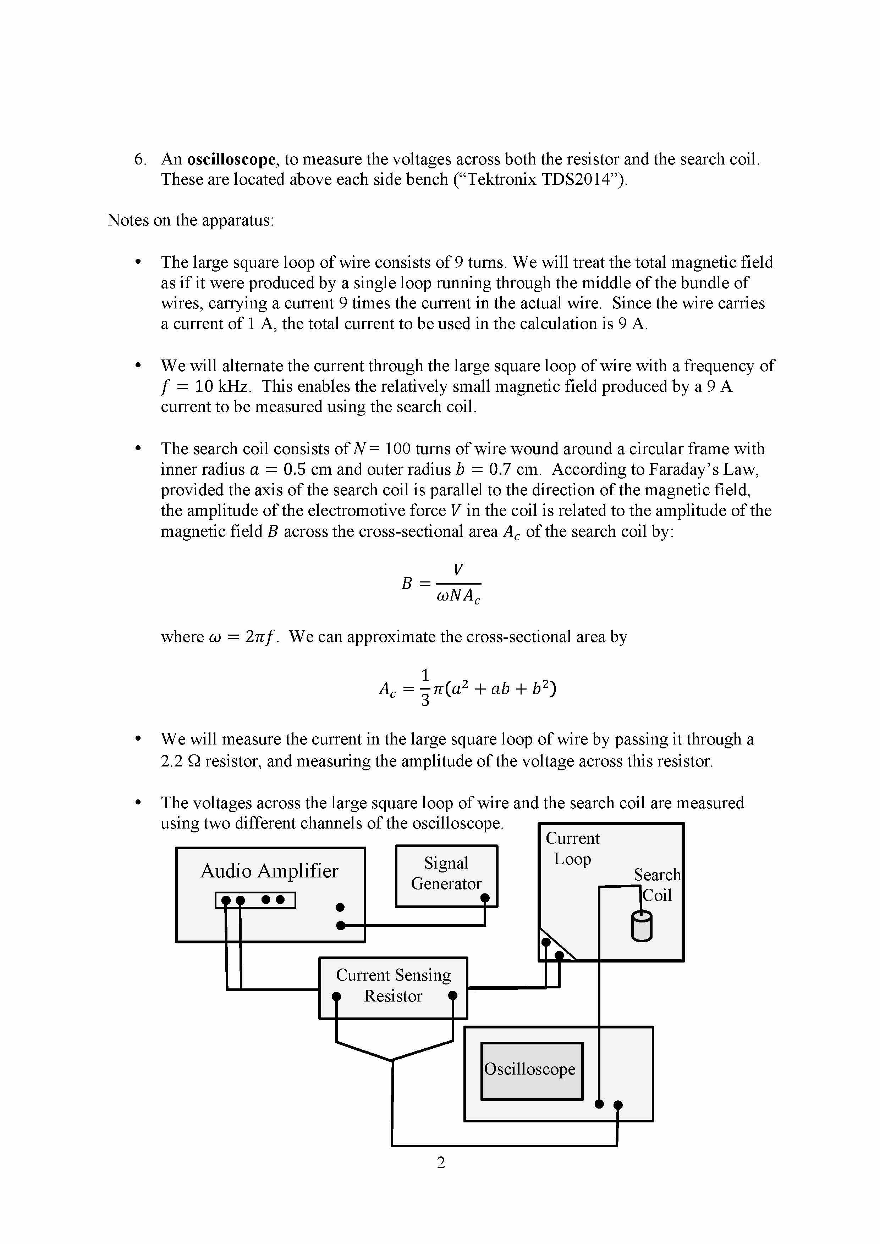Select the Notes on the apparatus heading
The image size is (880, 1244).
coord(190,220)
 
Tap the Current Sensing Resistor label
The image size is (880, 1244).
coord(393,985)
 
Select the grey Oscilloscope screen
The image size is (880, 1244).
coord(531,1071)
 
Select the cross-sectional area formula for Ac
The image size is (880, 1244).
coord(467,688)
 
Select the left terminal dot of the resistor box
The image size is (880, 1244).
coord(336,996)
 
